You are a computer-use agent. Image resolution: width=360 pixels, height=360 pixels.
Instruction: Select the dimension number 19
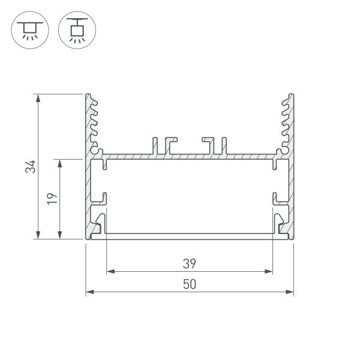coord(52,199)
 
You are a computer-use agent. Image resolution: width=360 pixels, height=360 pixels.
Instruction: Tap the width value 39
coord(190,263)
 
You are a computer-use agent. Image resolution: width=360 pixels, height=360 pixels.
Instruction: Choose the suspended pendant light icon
coord(75,30)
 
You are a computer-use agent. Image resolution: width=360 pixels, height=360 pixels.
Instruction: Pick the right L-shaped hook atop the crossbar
coord(209,144)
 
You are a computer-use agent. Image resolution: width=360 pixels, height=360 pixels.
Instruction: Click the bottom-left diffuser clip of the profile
coord(99,223)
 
